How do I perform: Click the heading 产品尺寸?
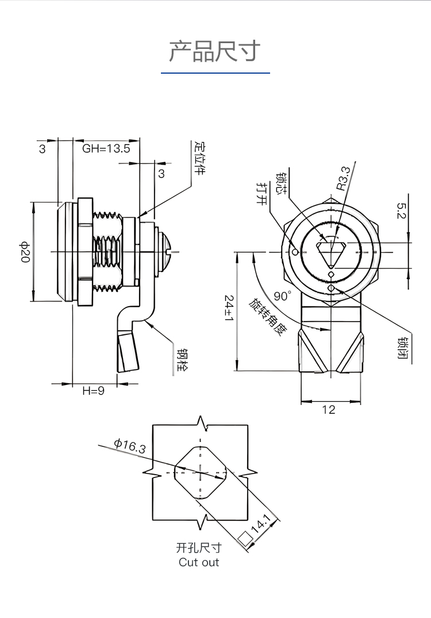click(x=215, y=51)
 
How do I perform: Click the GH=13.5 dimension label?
click(x=106, y=148)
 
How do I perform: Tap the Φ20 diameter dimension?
click(x=25, y=252)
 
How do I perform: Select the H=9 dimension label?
click(x=93, y=391)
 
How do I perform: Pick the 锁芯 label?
click(x=282, y=182)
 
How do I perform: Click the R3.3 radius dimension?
click(x=343, y=178)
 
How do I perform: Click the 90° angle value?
click(x=282, y=296)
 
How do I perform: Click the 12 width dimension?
click(x=329, y=410)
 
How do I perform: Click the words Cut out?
click(x=199, y=562)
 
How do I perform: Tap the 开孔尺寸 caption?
click(x=199, y=548)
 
